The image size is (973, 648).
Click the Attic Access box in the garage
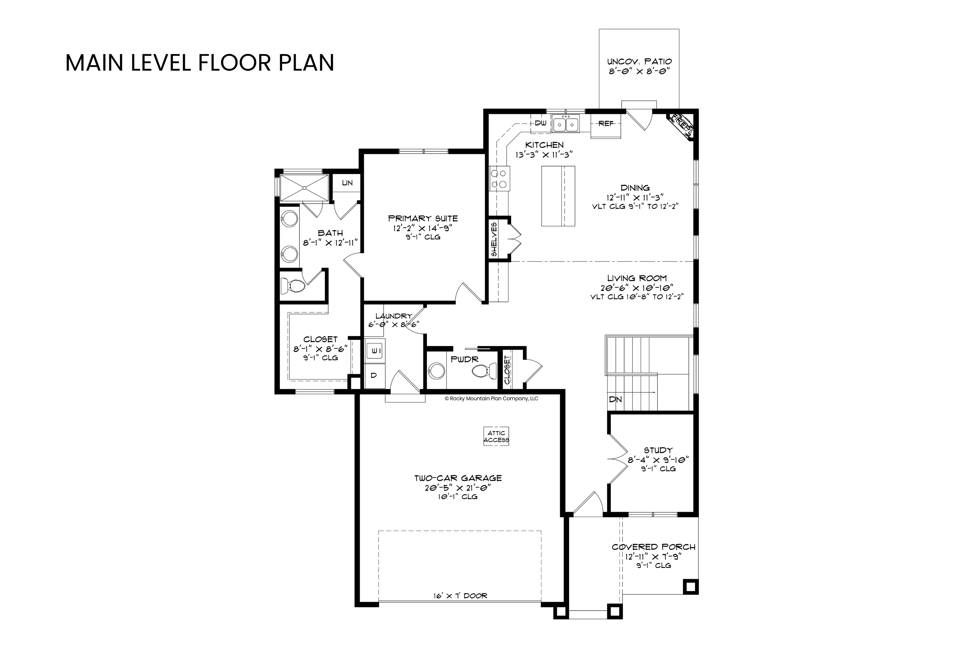[x=496, y=436]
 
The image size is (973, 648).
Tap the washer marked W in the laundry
[x=375, y=351]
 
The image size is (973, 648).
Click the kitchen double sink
[x=566, y=124]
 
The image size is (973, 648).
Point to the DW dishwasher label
[x=541, y=123]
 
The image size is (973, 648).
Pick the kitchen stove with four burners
[x=499, y=179]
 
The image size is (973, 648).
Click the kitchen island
[x=558, y=196]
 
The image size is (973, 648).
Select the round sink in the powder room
[x=436, y=371]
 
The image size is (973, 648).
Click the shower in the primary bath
[x=305, y=188]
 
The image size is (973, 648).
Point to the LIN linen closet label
[x=347, y=183]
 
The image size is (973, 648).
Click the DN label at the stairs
[x=615, y=399]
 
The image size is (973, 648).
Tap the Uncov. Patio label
[x=639, y=62]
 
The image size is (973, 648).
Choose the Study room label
[x=658, y=450]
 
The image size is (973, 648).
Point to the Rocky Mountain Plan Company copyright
[x=491, y=399]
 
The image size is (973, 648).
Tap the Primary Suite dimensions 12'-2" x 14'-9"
[x=423, y=228]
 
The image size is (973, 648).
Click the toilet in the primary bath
[x=293, y=285]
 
